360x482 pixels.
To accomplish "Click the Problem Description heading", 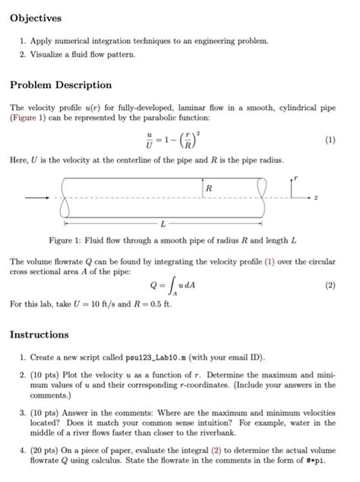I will pyautogui.click(x=61, y=85).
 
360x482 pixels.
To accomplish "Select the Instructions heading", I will pyautogui.click(x=39, y=335).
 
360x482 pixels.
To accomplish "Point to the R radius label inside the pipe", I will pyautogui.click(x=209, y=187).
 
